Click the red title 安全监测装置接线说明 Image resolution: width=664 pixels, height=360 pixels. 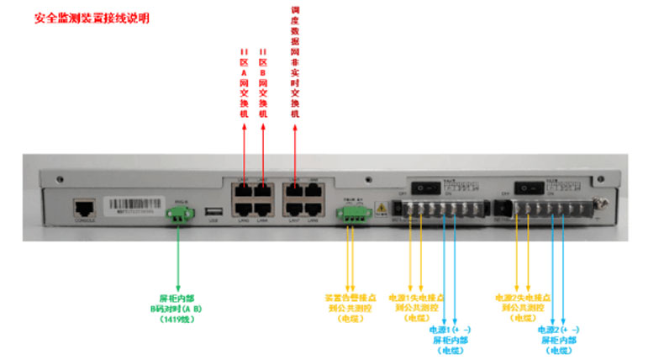(x=92, y=18)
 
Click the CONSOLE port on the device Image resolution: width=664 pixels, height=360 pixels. (x=83, y=207)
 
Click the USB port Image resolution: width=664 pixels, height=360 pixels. (x=213, y=211)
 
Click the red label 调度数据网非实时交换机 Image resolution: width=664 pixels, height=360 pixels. (x=296, y=63)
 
